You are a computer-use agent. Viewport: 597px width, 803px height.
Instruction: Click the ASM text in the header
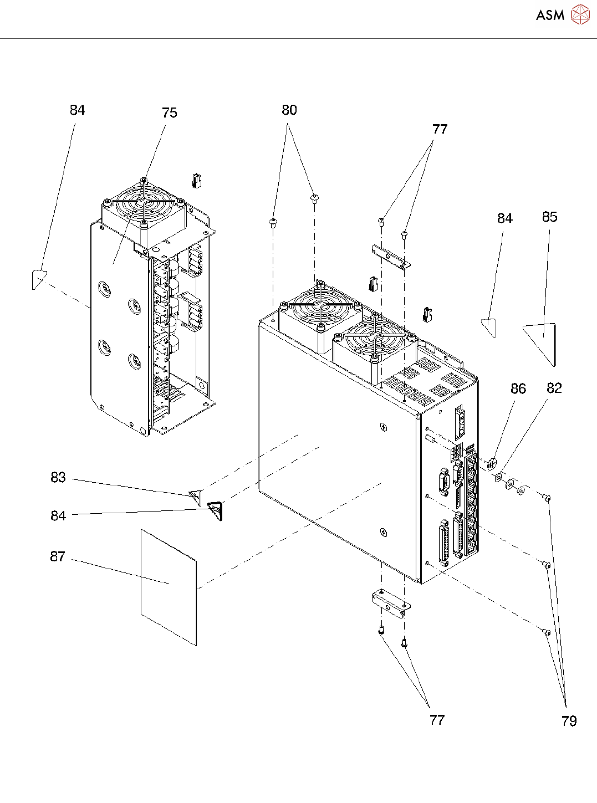click(x=550, y=15)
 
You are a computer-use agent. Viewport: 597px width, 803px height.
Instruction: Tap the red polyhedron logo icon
click(x=580, y=14)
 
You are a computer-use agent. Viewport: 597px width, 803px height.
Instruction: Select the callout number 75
click(x=170, y=113)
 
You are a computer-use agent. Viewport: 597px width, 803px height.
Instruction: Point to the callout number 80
click(x=289, y=110)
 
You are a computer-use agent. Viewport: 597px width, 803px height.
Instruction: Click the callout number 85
click(x=549, y=217)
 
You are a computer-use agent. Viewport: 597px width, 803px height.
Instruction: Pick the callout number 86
click(x=518, y=388)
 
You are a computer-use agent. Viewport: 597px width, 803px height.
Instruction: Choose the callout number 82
click(x=554, y=388)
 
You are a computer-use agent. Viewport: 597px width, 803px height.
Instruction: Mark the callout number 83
click(x=58, y=477)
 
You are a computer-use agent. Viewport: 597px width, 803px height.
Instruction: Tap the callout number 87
click(x=58, y=556)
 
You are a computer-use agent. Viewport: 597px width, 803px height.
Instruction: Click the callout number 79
click(x=569, y=721)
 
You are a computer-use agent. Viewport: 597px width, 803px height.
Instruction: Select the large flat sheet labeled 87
click(x=169, y=587)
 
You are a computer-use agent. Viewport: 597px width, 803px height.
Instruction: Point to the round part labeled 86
click(x=492, y=464)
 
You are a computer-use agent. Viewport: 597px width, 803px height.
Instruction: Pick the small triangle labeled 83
click(x=196, y=497)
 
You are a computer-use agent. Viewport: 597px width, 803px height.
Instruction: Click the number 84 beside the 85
click(x=504, y=218)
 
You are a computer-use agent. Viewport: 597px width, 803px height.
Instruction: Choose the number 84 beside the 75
click(x=77, y=110)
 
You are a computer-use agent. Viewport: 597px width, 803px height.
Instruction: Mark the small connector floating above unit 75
click(x=196, y=180)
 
